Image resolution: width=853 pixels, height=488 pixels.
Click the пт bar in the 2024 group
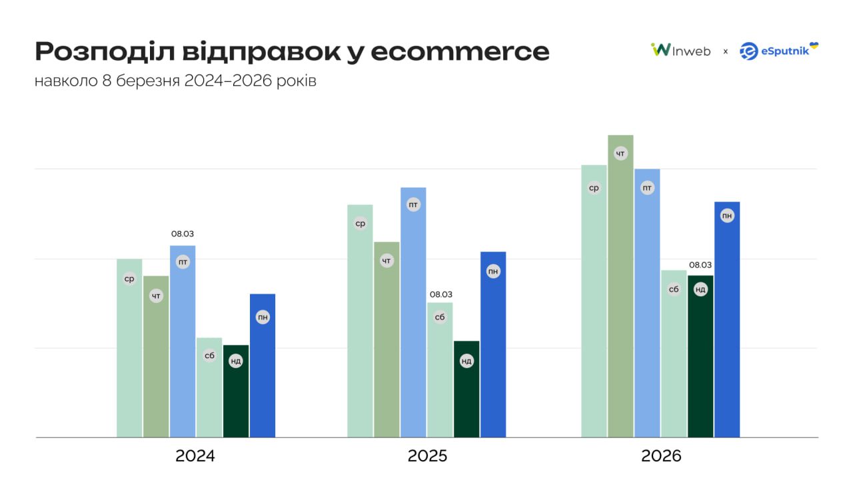(x=183, y=346)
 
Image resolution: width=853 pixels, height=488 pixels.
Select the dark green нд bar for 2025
(x=466, y=393)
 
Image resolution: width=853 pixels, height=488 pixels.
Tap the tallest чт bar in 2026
(x=620, y=293)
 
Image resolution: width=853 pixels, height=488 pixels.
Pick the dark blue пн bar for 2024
(x=263, y=373)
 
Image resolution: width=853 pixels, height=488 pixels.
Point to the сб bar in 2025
(x=440, y=373)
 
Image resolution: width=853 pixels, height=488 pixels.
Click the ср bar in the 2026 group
(x=594, y=306)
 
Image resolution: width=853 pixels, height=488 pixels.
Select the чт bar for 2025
(x=387, y=346)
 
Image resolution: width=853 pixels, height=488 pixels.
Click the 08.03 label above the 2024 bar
(x=183, y=234)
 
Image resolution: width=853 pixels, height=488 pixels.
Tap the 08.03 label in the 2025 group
(x=440, y=294)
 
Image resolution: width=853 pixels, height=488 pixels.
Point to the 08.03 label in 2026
(x=700, y=264)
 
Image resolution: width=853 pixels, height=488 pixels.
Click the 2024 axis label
(x=195, y=457)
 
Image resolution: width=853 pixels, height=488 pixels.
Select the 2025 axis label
(x=427, y=457)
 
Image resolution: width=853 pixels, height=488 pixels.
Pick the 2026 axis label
(x=661, y=457)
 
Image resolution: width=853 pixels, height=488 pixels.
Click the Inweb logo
(x=680, y=51)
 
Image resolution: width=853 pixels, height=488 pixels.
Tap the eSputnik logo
(x=778, y=51)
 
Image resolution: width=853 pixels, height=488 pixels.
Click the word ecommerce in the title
(x=460, y=52)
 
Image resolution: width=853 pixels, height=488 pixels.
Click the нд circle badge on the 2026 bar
(x=700, y=289)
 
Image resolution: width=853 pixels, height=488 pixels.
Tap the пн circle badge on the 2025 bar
(x=493, y=271)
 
